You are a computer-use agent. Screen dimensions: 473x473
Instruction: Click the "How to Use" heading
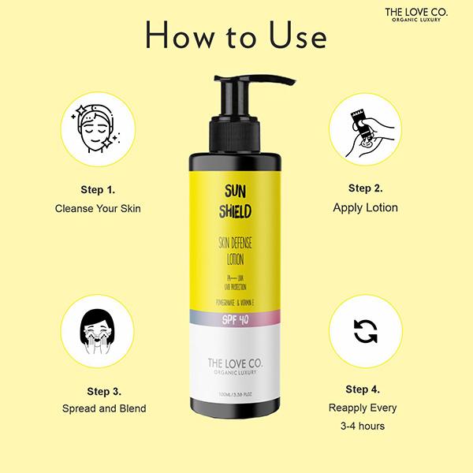coord(236,36)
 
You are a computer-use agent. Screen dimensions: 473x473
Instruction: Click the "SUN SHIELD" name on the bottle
coord(234,202)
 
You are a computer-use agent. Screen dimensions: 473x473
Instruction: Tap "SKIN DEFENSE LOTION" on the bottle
coord(234,252)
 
